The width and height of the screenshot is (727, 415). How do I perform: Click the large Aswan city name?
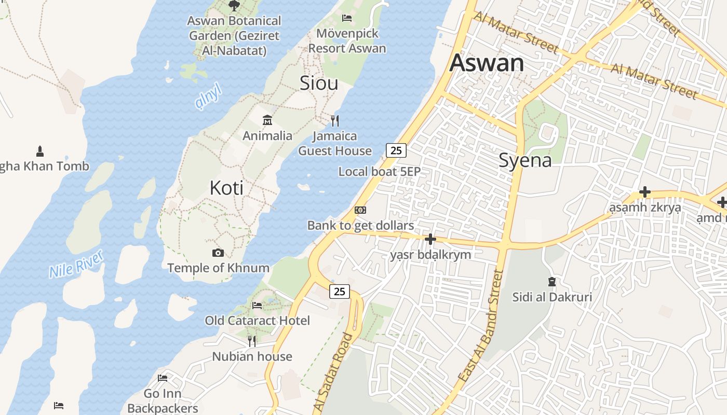click(x=487, y=63)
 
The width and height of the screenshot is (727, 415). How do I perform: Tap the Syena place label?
click(x=525, y=160)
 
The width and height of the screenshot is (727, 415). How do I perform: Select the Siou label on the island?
click(x=319, y=83)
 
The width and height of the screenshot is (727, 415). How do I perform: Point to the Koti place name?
click(x=226, y=188)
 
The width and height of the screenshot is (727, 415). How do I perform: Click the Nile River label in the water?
click(x=76, y=264)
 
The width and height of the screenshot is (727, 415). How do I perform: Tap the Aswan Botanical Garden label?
click(x=234, y=36)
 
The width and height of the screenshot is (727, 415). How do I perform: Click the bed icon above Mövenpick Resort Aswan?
click(x=347, y=18)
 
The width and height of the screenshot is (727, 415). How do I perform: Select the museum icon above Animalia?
click(x=267, y=120)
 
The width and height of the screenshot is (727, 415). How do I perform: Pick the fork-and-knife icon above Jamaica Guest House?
click(x=335, y=121)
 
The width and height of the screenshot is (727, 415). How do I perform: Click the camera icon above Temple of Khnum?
click(x=218, y=253)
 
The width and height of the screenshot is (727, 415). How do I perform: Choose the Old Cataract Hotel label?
click(x=257, y=321)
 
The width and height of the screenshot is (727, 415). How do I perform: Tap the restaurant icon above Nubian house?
click(x=252, y=341)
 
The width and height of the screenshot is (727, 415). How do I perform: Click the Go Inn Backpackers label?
click(x=163, y=401)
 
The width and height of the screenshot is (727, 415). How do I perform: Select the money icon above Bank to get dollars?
click(x=360, y=210)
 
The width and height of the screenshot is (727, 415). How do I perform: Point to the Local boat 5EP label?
click(x=379, y=171)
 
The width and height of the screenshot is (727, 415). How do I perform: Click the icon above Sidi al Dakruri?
click(x=551, y=282)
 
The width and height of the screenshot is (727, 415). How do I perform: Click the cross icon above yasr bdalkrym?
click(x=430, y=239)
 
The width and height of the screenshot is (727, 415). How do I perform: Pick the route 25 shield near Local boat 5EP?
click(x=396, y=150)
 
